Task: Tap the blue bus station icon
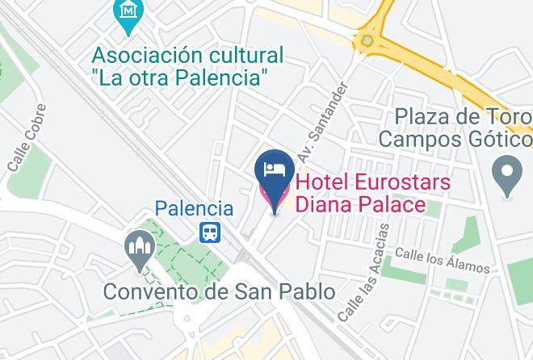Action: click(210, 232)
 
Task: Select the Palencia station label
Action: click(194, 208)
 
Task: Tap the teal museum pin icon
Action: click(128, 13)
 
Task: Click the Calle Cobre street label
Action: click(25, 149)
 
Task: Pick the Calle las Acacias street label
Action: click(363, 274)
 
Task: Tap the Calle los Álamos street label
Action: click(442, 260)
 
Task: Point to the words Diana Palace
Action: click(359, 204)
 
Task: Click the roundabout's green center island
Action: click(368, 40)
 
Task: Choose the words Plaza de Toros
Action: click(461, 116)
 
